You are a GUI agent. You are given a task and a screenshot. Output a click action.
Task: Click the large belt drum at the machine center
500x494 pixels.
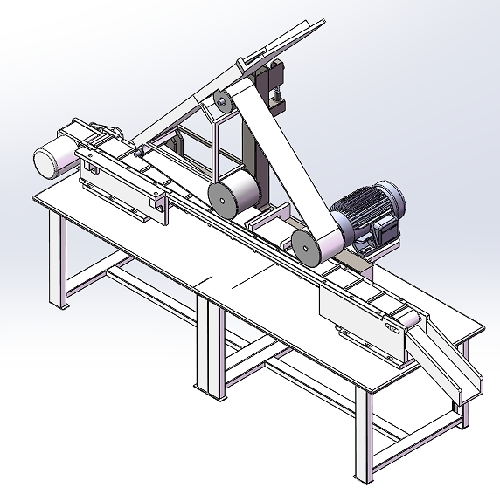pyautogui.click(x=232, y=196)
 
